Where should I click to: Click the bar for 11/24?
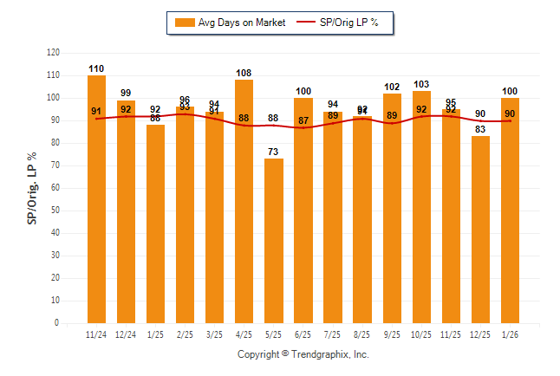(96, 199)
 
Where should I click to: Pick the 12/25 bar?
(480, 230)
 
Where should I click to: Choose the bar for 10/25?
(421, 207)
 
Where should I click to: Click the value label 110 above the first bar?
(96, 68)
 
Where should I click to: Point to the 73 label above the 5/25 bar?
(274, 152)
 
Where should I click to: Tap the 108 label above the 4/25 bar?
(244, 73)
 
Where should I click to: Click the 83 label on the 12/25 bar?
(480, 129)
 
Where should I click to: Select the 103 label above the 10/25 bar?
(421, 84)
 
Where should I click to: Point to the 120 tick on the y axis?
(53, 53)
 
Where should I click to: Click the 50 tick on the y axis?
(55, 211)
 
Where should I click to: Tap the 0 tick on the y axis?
(57, 323)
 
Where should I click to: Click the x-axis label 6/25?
(303, 334)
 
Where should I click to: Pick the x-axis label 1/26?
(510, 334)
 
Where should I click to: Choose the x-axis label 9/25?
(392, 334)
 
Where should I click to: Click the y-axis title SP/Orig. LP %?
(32, 188)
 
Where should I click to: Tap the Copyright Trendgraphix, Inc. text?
(303, 354)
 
